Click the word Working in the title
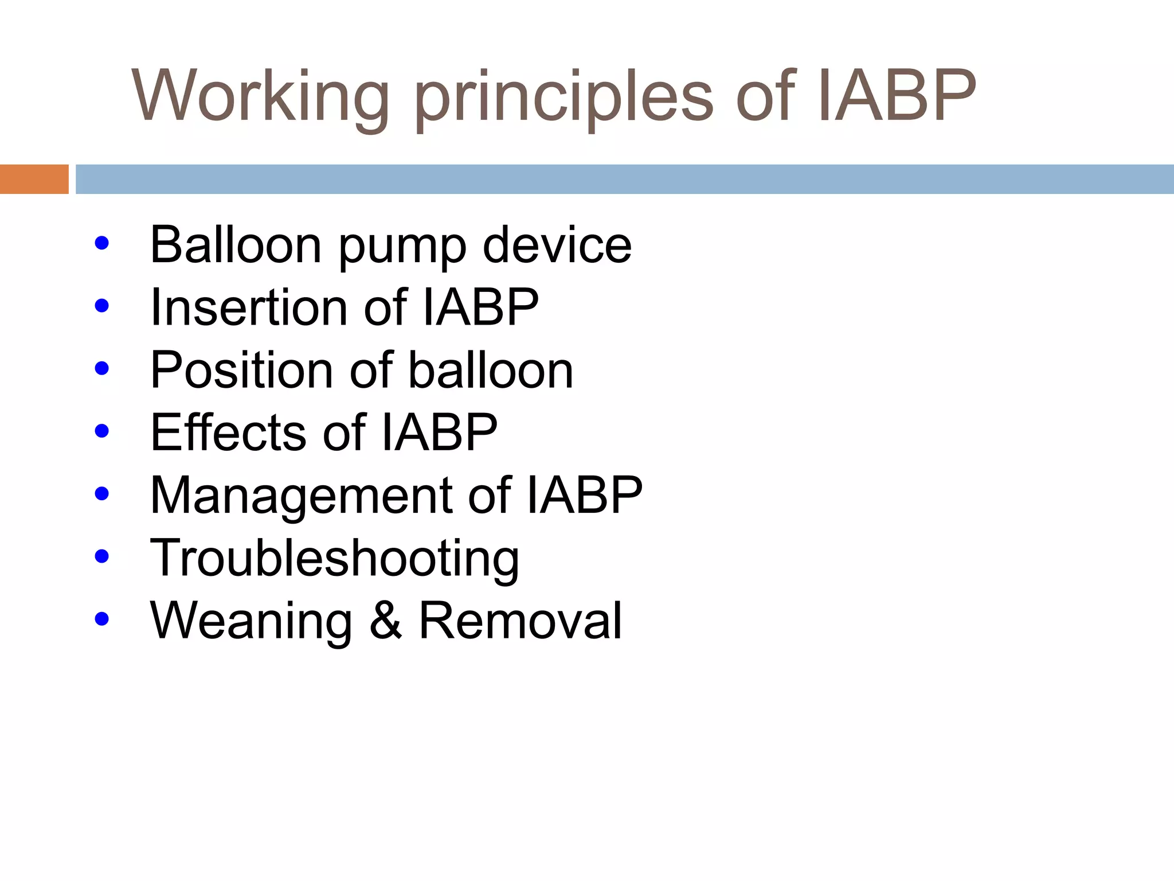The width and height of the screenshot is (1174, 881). pos(261,96)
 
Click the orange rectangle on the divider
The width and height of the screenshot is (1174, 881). pos(34,179)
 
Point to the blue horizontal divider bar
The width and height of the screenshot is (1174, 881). pos(624,179)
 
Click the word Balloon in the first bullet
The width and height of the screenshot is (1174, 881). pos(235,245)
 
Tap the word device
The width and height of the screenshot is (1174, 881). pos(557,245)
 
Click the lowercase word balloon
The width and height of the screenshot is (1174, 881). pos(491,370)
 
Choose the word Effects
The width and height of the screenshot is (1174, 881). pos(229,432)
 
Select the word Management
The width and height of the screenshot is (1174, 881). pos(302,496)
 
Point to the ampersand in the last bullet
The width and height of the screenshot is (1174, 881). pos(385,621)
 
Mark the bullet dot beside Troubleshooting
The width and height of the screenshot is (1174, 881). pos(102,556)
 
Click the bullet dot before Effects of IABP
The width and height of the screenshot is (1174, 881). pos(102,431)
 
